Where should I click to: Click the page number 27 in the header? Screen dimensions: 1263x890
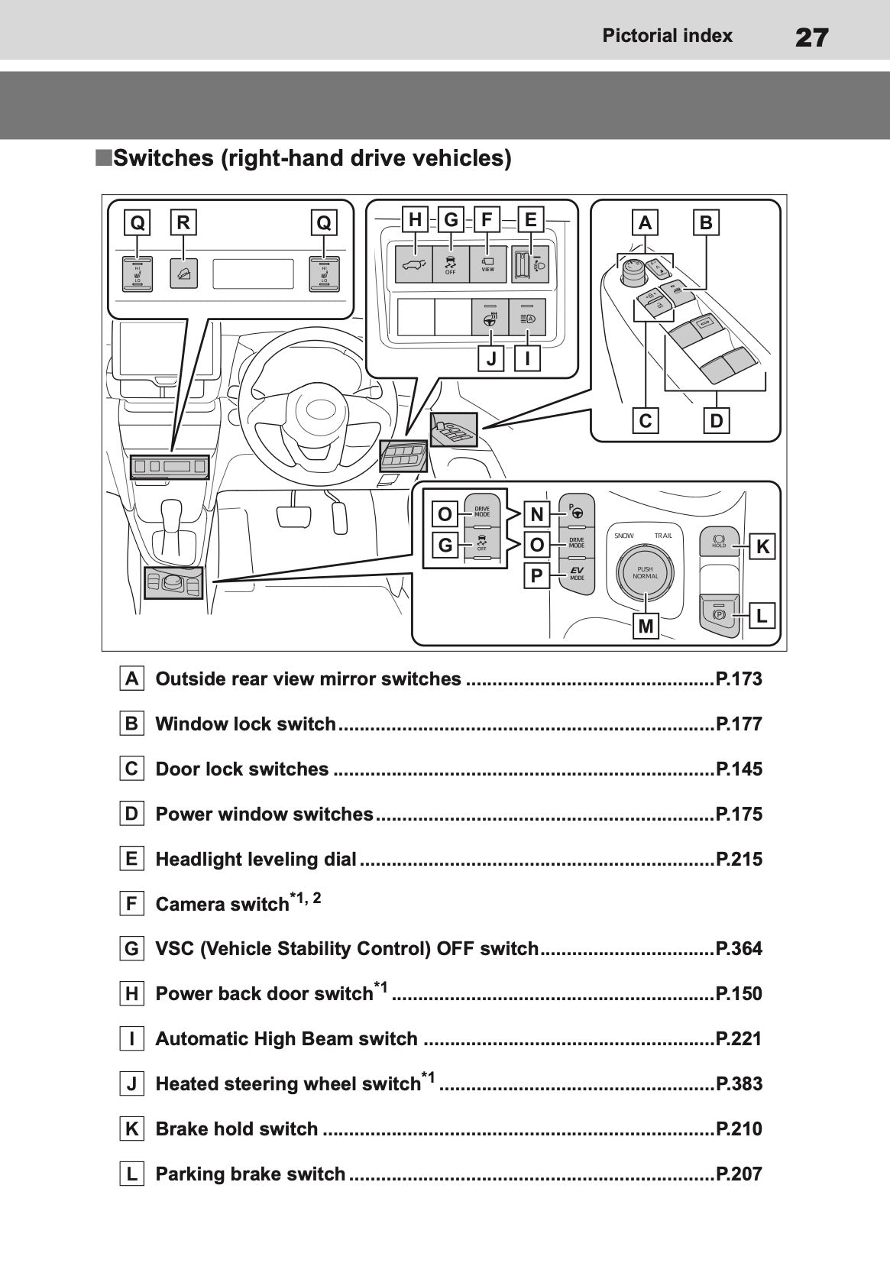tap(811, 37)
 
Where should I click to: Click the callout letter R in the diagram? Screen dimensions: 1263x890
tap(183, 222)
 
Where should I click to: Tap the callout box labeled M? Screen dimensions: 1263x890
tap(646, 626)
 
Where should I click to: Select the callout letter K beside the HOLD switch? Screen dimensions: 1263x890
tap(762, 546)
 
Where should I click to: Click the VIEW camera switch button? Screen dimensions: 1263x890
tap(487, 264)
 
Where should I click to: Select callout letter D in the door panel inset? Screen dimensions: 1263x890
tap(716, 420)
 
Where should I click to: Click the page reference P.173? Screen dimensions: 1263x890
tap(739, 679)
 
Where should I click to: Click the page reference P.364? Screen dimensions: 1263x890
tap(739, 949)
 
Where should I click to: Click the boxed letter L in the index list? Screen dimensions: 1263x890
tap(132, 1174)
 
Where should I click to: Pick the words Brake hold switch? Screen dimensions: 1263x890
tap(237, 1129)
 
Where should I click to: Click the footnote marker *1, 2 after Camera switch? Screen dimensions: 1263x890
tap(306, 898)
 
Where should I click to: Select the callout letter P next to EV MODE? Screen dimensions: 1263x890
tap(537, 575)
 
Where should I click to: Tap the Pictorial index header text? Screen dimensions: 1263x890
tap(667, 36)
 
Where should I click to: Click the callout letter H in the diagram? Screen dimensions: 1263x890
tap(415, 220)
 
